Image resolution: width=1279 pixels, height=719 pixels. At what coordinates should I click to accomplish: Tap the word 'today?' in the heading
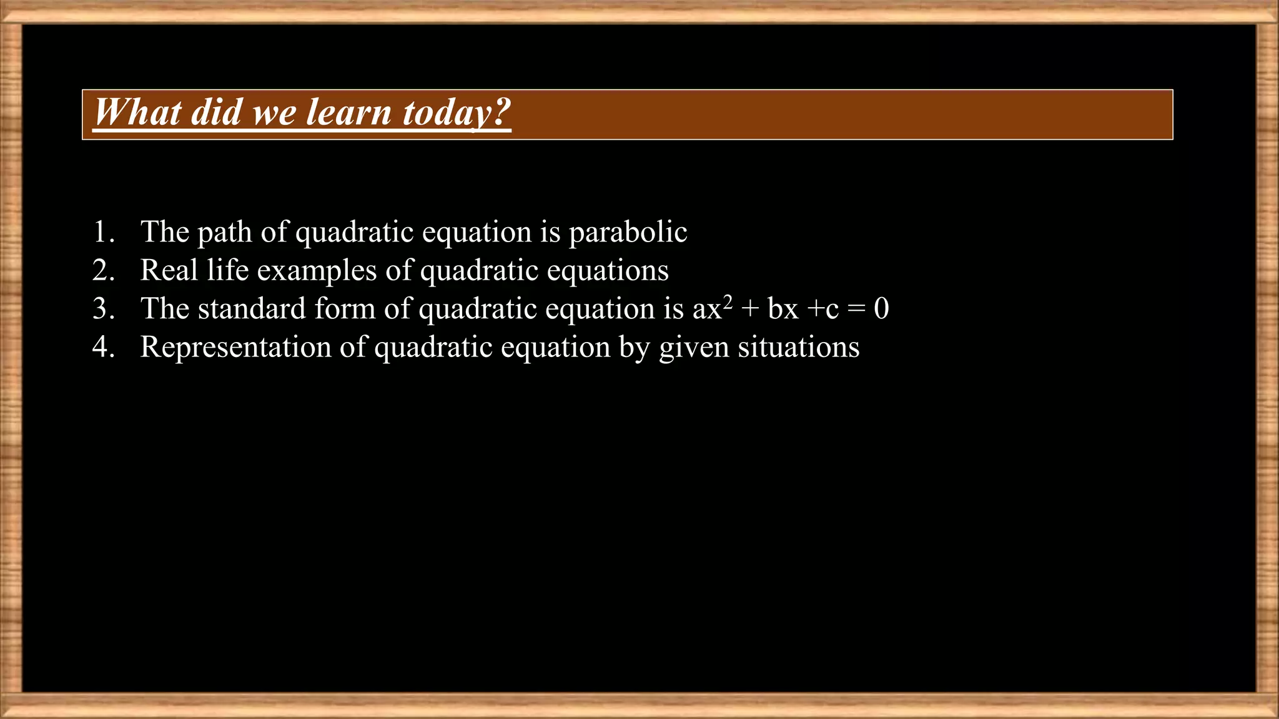pos(457,113)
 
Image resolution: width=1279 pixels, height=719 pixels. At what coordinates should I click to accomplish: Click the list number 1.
pos(103,232)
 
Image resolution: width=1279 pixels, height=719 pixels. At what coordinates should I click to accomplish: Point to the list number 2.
pos(103,270)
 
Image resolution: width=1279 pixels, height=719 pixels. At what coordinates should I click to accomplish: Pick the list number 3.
pos(103,309)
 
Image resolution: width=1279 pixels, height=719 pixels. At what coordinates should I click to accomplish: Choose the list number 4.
pos(103,347)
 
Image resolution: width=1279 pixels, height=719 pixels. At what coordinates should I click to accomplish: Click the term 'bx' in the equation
pos(783,309)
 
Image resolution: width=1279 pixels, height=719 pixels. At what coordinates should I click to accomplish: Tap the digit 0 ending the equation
pos(881,308)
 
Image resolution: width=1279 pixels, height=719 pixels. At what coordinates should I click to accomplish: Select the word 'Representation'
pos(235,348)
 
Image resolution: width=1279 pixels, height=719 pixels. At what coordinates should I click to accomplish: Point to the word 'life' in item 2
pos(227,270)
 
